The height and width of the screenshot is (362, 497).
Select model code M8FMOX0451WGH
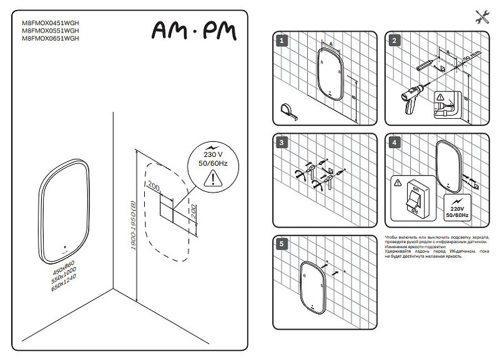tap(51, 23)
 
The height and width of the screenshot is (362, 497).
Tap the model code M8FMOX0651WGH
tap(51, 38)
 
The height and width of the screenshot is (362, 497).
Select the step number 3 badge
tap(282, 143)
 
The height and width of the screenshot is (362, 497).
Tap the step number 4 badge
tap(393, 143)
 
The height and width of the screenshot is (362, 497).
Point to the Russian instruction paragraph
tap(437, 247)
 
